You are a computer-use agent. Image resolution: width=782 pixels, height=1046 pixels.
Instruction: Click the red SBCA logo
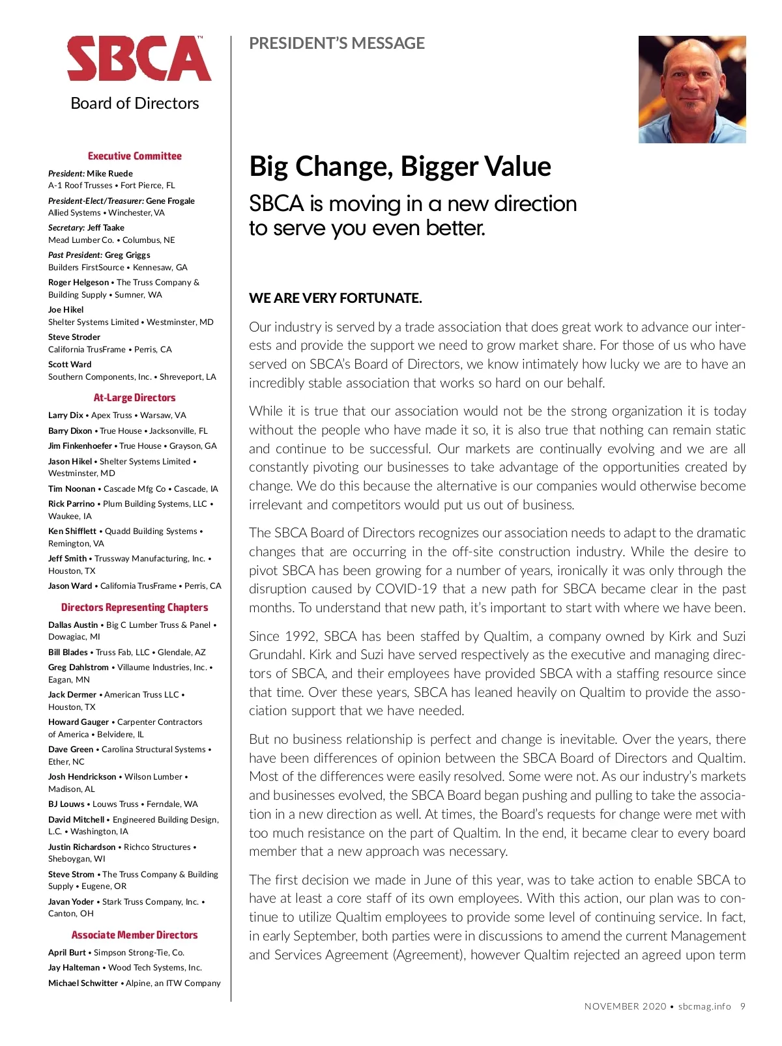pos(139,59)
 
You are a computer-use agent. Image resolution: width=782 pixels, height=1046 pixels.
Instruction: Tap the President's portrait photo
pos(692,89)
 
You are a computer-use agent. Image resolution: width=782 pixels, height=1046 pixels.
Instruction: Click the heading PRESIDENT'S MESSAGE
pos(337,44)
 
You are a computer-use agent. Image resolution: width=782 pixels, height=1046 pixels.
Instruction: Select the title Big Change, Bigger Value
pos(400,167)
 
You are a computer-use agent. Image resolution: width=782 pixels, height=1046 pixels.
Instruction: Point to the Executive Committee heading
pos(135,156)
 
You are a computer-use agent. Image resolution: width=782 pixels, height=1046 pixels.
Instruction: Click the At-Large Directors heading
pos(135,398)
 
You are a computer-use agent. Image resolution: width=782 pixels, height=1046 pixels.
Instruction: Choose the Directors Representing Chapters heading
pos(135,608)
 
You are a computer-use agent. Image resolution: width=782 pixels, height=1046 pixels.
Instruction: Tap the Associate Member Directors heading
pos(135,935)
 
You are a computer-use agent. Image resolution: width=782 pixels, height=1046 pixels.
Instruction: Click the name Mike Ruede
pos(109,174)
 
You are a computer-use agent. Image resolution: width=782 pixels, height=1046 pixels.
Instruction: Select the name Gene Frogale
pos(170,201)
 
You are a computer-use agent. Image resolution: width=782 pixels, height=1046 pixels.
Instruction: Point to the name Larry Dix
pos(66,416)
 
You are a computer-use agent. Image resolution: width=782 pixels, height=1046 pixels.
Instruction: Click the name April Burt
pos(67,953)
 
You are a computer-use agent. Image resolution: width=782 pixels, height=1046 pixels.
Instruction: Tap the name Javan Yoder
pos(71,902)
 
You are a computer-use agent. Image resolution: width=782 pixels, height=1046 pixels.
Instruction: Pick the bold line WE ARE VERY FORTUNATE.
pos(336,298)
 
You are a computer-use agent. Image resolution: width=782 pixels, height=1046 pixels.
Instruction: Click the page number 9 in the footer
pos(743,1007)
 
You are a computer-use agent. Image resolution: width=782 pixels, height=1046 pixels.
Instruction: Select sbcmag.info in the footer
pos(704,1007)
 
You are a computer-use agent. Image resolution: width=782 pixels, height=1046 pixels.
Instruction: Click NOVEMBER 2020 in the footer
pos(625,1007)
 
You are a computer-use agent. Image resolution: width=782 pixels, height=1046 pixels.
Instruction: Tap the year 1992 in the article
pos(302,636)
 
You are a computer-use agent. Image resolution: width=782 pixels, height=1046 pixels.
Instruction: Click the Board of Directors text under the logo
pos(135,104)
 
